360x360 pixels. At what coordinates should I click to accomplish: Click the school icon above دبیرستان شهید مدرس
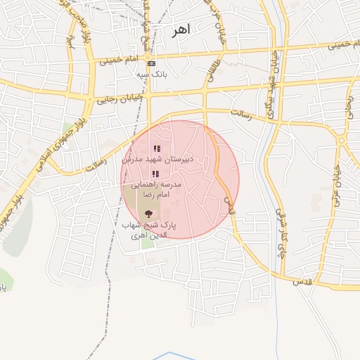156,148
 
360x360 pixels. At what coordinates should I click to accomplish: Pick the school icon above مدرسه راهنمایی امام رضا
156,173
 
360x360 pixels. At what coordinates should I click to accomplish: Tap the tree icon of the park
148,213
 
